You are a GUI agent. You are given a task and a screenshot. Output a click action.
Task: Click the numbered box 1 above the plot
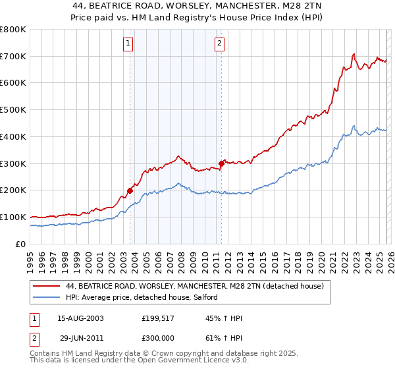(x=128, y=45)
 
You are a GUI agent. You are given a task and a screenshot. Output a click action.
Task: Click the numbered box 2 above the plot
(x=219, y=45)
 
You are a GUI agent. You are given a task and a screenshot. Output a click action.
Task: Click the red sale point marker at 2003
(x=130, y=190)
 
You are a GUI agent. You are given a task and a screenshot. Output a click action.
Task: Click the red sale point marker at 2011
(x=221, y=163)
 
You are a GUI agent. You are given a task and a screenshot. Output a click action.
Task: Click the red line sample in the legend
(x=46, y=287)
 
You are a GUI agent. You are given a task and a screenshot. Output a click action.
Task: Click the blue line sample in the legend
(x=46, y=297)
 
